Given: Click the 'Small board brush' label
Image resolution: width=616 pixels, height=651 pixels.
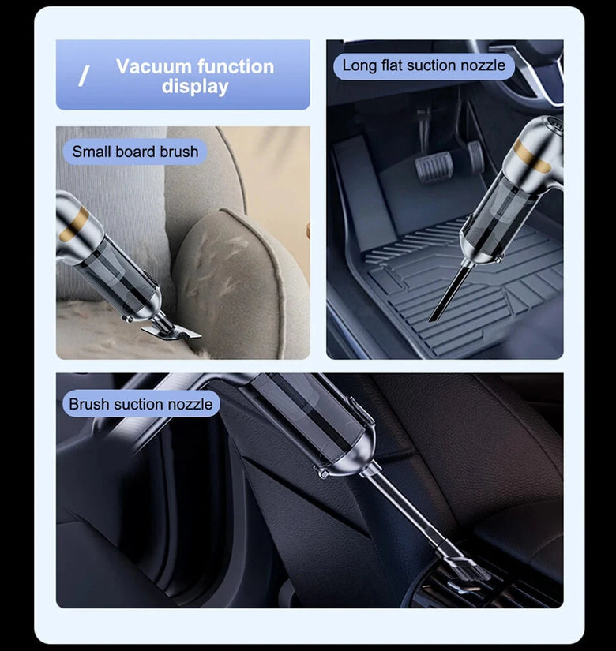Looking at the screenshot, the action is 135,152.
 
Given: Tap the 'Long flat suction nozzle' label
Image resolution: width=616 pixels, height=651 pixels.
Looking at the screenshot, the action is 424,65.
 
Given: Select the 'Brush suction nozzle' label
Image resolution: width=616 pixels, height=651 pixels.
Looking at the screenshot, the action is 141,404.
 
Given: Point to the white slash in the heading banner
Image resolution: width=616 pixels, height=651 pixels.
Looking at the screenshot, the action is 84,77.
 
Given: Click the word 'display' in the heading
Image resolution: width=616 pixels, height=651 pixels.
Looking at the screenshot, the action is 195,87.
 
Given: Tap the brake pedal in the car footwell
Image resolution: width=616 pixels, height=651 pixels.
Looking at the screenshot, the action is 434,167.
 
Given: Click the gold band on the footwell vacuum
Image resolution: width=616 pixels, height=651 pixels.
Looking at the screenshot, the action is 531,156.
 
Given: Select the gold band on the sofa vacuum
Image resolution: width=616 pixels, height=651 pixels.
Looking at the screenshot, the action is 74,225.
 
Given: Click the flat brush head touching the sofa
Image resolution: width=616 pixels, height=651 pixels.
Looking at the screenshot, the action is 171,332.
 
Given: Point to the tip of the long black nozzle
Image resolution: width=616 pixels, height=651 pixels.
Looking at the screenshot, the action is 431,320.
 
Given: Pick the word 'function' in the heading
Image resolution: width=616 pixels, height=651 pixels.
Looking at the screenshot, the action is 235,66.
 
